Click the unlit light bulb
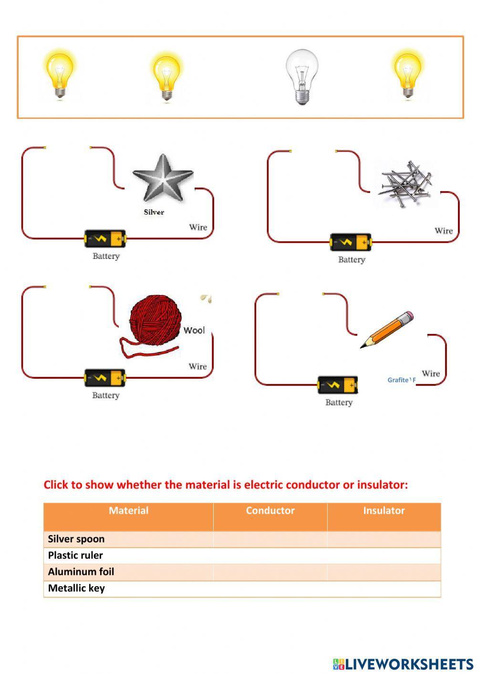click(x=301, y=77)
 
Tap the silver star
click(x=163, y=178)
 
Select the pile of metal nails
click(x=405, y=184)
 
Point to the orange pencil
click(x=387, y=330)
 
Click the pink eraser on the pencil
click(x=407, y=316)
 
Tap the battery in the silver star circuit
click(x=105, y=239)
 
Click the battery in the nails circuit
click(x=351, y=242)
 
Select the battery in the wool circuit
click(x=105, y=378)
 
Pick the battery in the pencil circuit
click(x=338, y=385)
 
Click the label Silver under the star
click(x=154, y=212)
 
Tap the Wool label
click(x=194, y=331)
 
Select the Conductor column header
click(x=270, y=510)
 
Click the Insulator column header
click(x=384, y=510)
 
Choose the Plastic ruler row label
click(x=75, y=555)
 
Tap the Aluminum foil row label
click(x=81, y=571)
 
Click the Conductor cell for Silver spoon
click(x=270, y=539)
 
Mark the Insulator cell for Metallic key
click(x=384, y=588)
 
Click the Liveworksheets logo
click(x=403, y=664)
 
